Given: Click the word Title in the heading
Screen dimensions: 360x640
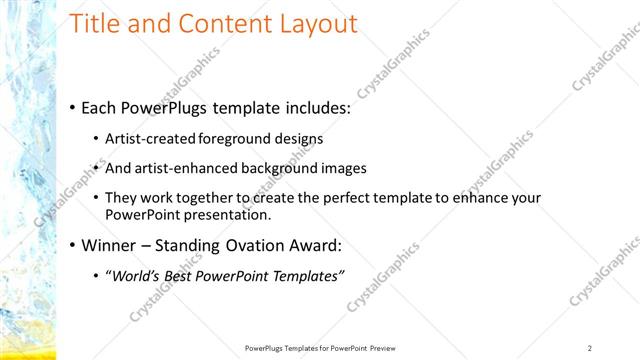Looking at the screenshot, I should pyautogui.click(x=97, y=24).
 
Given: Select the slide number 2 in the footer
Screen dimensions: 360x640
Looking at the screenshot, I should pyautogui.click(x=590, y=347).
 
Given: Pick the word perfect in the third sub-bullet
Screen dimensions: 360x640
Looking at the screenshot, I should pyautogui.click(x=325, y=198).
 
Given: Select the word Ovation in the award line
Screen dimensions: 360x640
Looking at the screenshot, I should pyautogui.click(x=249, y=245).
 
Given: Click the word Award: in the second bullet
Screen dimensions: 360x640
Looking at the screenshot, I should pyautogui.click(x=314, y=245).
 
